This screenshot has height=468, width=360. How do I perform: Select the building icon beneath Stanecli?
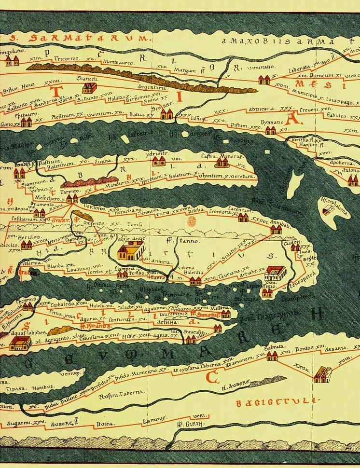click(x=89, y=87)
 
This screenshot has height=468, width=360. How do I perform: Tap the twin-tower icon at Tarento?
click(x=71, y=198)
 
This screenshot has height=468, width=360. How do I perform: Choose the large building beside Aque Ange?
click(x=131, y=251)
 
